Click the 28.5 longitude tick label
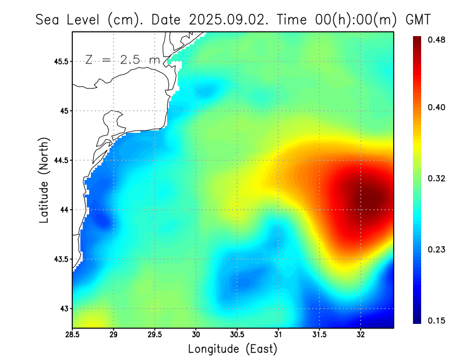(x=72, y=334)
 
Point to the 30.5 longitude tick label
(x=237, y=334)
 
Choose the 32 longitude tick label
(x=361, y=334)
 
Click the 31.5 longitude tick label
(x=319, y=334)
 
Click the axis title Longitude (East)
(x=232, y=349)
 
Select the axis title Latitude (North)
(x=44, y=180)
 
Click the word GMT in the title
(x=418, y=19)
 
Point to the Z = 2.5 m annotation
(x=122, y=59)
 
